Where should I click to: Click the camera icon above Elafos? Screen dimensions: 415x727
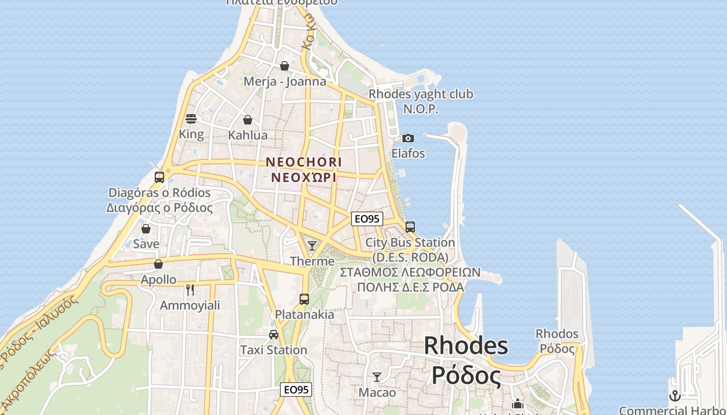point(408,138)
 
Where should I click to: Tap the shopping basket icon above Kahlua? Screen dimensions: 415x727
point(248,120)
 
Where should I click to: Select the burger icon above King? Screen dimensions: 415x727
point(191,119)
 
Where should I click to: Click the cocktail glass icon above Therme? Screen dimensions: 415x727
point(312,245)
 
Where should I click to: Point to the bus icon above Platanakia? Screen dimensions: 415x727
point(304,299)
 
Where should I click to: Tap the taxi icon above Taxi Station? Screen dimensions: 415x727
point(274,335)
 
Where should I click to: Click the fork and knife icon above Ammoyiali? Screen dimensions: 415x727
point(190,289)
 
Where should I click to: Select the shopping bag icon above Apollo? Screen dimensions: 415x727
point(158,264)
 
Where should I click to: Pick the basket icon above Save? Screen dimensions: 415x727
point(146,228)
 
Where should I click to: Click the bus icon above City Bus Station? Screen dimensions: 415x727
point(410,227)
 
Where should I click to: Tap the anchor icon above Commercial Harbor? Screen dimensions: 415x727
point(675,396)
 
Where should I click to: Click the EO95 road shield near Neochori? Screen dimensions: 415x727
point(367,219)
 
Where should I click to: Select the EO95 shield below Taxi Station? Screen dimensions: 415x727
point(296,390)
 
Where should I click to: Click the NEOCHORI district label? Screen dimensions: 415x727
point(304,162)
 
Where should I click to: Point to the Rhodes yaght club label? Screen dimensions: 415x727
point(421,94)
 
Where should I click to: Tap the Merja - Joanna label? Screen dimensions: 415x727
point(285,81)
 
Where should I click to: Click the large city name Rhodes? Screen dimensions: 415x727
point(466,345)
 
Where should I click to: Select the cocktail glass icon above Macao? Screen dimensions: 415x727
point(377,377)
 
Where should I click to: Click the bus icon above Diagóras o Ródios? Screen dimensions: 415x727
point(159,177)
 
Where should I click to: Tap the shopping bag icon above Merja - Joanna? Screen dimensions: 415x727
point(285,66)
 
